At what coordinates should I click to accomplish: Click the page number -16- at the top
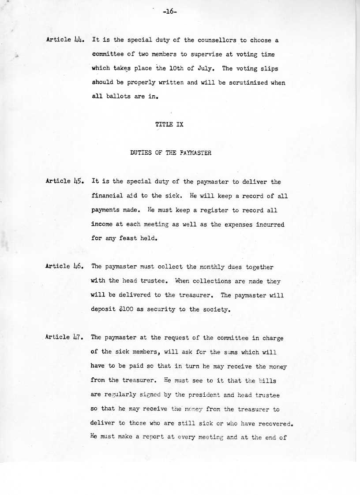[x=169, y=12]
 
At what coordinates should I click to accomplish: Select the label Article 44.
[x=64, y=40]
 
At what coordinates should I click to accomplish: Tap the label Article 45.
[x=64, y=181]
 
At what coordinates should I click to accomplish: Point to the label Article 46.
[x=64, y=266]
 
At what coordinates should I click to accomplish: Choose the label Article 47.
[x=64, y=337]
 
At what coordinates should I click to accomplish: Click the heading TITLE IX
[x=169, y=125]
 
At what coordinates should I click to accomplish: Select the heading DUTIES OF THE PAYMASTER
[x=171, y=153]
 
